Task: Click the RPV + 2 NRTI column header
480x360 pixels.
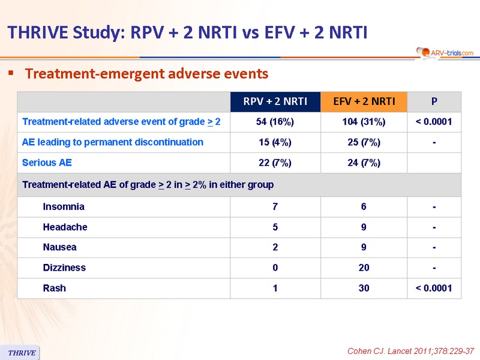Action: pos(275,101)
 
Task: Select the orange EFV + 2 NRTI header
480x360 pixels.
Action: pos(364,101)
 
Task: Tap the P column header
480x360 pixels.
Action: pos(434,101)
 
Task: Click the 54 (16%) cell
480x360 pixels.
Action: pos(275,122)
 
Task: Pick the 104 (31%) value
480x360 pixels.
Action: pos(364,122)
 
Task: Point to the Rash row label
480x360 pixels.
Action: pos(55,288)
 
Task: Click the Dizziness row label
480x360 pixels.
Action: pos(64,268)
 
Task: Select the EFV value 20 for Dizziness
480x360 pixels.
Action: pos(364,268)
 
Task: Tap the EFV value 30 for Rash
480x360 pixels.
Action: pos(364,288)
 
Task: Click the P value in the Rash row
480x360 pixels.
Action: pos(434,288)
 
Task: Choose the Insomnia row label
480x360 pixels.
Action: pos(64,206)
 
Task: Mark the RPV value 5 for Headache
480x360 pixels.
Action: pos(275,227)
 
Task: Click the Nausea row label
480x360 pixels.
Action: pos(59,247)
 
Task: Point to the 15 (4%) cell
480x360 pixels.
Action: pos(275,142)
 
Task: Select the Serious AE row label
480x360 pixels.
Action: pos(47,163)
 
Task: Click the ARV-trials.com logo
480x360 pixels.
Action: pos(445,53)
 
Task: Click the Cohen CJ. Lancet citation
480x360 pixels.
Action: pos(410,351)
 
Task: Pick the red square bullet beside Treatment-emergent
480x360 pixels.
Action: pos(11,73)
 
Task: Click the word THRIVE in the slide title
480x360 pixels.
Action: pos(38,32)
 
